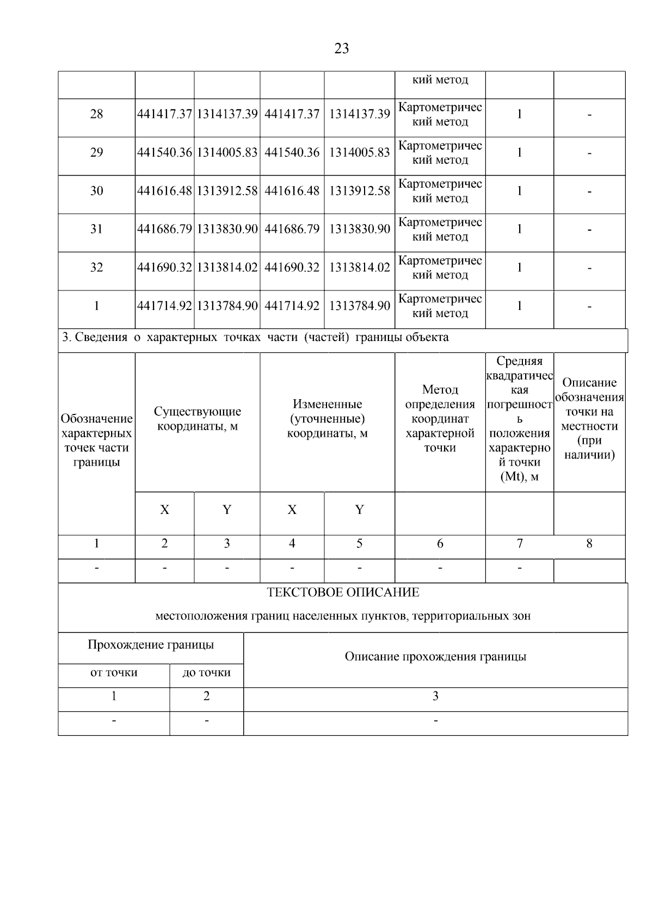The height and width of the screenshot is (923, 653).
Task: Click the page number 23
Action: point(341,49)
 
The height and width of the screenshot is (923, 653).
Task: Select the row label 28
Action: point(96,114)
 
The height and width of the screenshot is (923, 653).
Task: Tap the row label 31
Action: point(96,229)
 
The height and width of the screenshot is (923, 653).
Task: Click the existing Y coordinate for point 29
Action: point(227,153)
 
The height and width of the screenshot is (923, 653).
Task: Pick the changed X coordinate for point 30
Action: point(292,191)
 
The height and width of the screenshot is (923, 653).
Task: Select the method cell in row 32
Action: point(440,268)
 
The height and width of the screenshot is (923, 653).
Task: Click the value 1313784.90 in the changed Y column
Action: point(359,306)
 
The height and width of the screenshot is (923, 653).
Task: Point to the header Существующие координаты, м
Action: point(197,419)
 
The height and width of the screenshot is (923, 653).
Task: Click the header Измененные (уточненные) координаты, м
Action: point(327,419)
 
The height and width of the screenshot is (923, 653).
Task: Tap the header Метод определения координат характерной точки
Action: point(440,419)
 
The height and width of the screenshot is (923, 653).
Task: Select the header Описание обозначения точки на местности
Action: point(589,419)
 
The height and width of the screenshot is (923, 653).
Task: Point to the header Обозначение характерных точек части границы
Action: point(96,441)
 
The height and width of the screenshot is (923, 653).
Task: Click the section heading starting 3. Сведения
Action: point(255,338)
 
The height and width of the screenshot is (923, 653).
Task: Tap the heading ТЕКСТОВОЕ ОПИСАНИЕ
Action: point(343,592)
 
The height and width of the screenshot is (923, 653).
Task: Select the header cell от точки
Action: point(114,673)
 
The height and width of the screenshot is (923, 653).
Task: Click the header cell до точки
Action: point(206,673)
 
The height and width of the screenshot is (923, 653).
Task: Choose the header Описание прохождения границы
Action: point(435,656)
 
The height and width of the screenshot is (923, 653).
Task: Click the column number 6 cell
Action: point(440,543)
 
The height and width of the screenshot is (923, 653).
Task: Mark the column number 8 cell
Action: point(589,543)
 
